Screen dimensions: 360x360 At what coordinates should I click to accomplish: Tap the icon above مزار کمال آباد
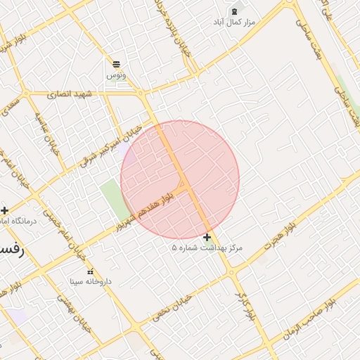coord(234,11)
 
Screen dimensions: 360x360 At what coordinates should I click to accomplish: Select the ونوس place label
coord(115,75)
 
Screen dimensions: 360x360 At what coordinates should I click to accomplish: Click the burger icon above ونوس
coord(115,64)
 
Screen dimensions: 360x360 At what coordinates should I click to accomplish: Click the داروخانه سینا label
coord(91,281)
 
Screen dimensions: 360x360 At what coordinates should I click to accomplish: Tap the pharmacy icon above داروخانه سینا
coord(89,271)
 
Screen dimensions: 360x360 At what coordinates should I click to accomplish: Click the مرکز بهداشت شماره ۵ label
coord(207,248)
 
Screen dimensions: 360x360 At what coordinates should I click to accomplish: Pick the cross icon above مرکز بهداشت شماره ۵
coord(207,238)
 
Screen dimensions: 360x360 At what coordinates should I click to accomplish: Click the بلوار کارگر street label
coord(243,307)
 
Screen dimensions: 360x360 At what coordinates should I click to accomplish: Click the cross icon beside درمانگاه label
coord(5,210)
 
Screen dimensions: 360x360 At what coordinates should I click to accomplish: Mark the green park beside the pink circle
coord(112,198)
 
